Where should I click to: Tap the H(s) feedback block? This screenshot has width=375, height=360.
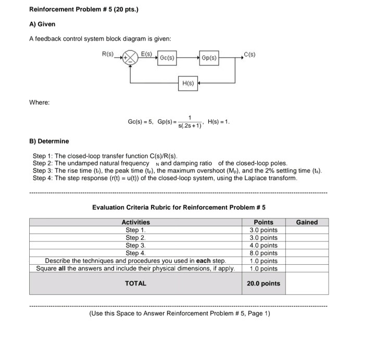pyautogui.click(x=188, y=83)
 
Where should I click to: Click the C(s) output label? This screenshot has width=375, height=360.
pyautogui.click(x=249, y=52)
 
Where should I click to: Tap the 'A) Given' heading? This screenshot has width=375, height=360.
pyautogui.click(x=42, y=24)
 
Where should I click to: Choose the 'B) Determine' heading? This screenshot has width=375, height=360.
pyautogui.click(x=49, y=141)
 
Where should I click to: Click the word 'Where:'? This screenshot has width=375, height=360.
pyautogui.click(x=40, y=102)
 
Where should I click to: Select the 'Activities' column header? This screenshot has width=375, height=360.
pyautogui.click(x=135, y=222)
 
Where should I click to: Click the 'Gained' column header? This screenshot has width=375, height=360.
pyautogui.click(x=307, y=222)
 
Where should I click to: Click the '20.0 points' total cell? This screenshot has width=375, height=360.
pyautogui.click(x=263, y=284)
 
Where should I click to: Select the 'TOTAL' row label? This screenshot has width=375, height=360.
pyautogui.click(x=135, y=284)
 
